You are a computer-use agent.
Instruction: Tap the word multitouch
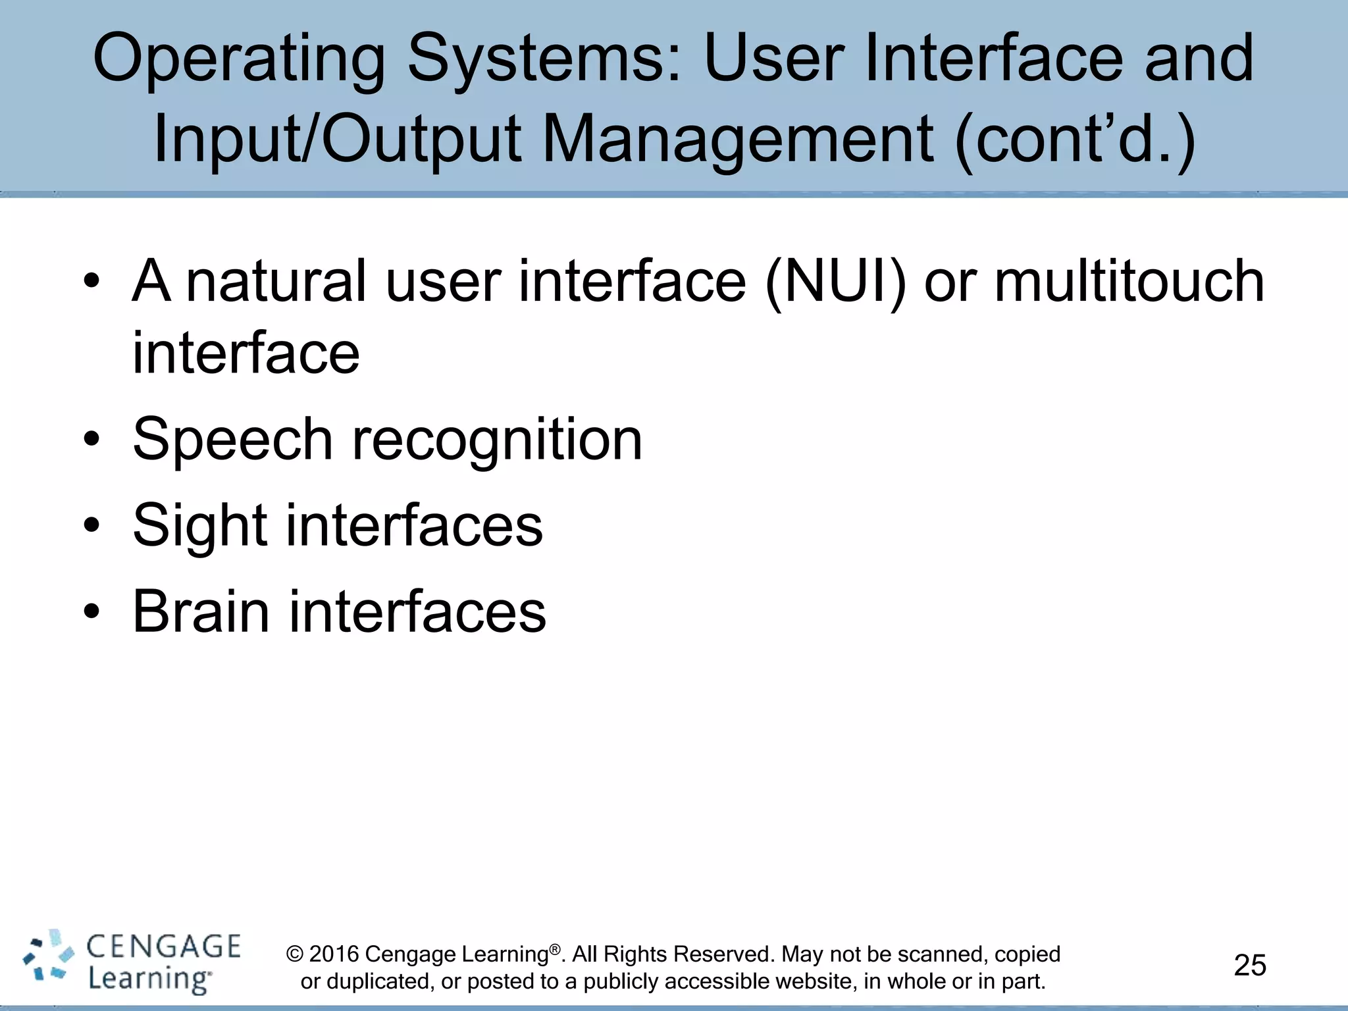point(1128,282)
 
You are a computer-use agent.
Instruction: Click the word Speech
point(232,440)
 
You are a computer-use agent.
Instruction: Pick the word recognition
point(497,440)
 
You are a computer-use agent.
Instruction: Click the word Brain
point(201,612)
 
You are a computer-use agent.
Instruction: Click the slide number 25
point(1249,965)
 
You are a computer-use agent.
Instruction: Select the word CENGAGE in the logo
point(163,946)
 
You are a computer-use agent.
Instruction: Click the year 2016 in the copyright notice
point(334,954)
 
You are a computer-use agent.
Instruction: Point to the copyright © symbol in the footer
point(295,954)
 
